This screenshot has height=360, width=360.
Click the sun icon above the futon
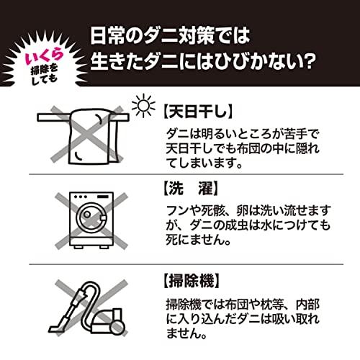143,106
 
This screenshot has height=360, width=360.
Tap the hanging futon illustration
94,137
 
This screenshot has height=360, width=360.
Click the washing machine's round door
91,217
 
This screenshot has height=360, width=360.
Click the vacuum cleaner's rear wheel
119,326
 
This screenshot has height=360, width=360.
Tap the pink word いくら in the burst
45,57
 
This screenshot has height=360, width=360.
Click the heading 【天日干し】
198,111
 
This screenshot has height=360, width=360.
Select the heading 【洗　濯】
191,188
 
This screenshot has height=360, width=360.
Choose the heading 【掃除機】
191,281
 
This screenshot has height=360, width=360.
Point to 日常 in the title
107,36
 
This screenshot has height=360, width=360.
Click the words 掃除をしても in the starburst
45,75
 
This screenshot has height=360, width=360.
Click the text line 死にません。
199,240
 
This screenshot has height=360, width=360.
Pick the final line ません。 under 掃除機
186,333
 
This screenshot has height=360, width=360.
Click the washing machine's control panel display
103,197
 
